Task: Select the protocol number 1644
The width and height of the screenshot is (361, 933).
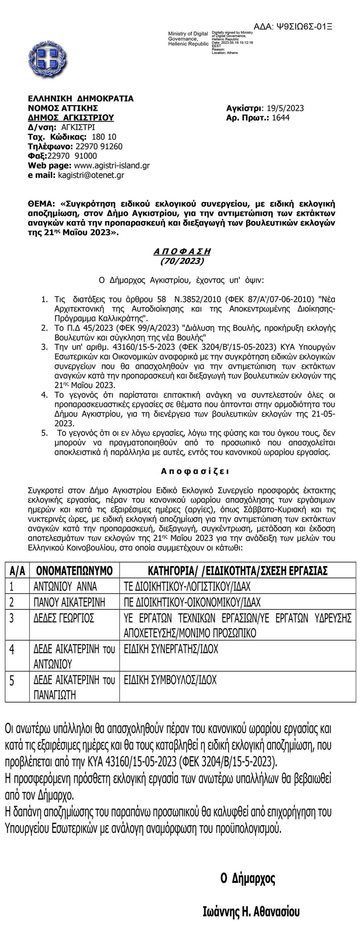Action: (x=281, y=117)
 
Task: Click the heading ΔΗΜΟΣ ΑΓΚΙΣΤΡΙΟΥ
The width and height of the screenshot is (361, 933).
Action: (x=71, y=117)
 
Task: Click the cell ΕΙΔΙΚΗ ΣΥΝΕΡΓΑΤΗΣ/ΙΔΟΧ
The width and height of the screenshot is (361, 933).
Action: (x=171, y=649)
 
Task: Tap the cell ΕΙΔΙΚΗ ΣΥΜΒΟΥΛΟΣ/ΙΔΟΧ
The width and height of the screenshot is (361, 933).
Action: (x=170, y=680)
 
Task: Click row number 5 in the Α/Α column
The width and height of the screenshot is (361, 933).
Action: (x=12, y=681)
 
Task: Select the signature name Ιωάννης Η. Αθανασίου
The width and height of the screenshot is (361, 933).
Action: (x=251, y=912)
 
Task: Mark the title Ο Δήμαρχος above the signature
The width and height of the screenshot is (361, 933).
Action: (x=248, y=878)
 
